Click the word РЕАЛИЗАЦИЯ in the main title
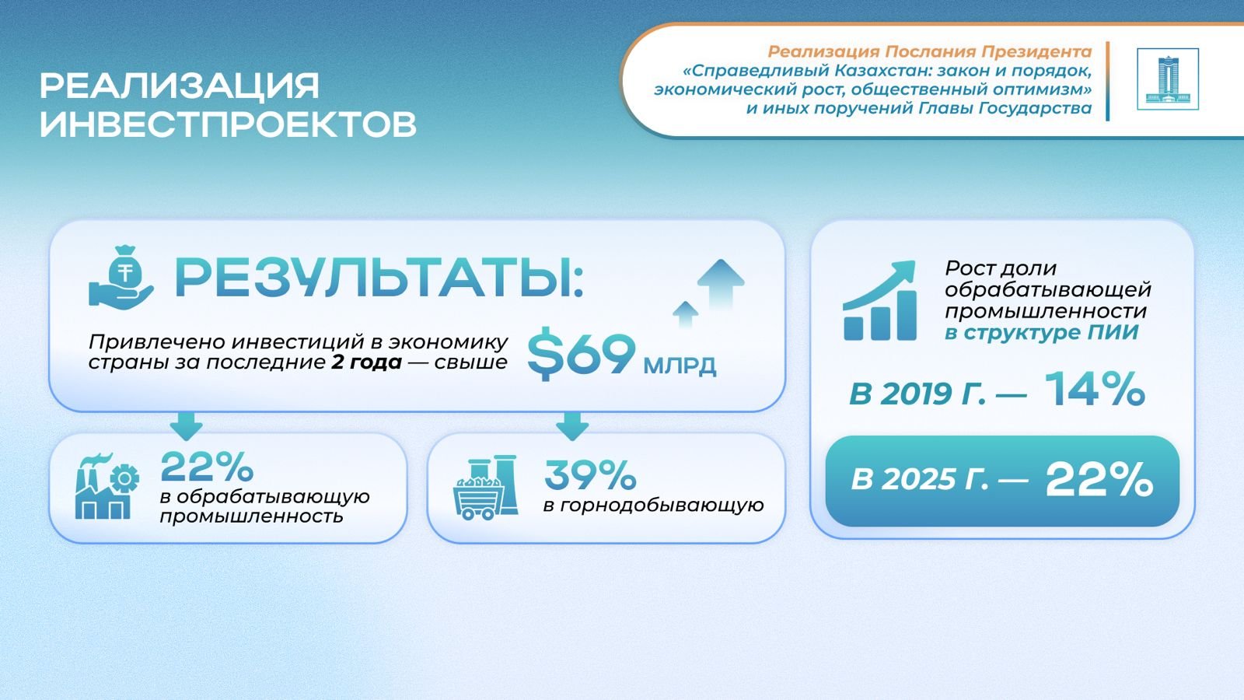click(x=180, y=86)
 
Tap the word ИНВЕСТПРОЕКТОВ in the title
click(x=229, y=124)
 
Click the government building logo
click(x=1167, y=79)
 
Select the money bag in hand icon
click(x=121, y=277)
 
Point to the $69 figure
click(x=581, y=354)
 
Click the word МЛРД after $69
click(x=680, y=366)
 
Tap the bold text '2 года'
click(x=366, y=362)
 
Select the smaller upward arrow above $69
click(x=685, y=314)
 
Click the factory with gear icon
click(x=107, y=486)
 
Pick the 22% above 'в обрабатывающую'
click(x=207, y=467)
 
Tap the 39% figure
click(x=590, y=475)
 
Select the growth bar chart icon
click(x=879, y=300)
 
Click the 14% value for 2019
click(x=1095, y=389)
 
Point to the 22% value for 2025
click(x=1099, y=479)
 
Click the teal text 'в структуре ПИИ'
click(x=1041, y=332)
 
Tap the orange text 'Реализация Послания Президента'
click(x=930, y=51)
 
